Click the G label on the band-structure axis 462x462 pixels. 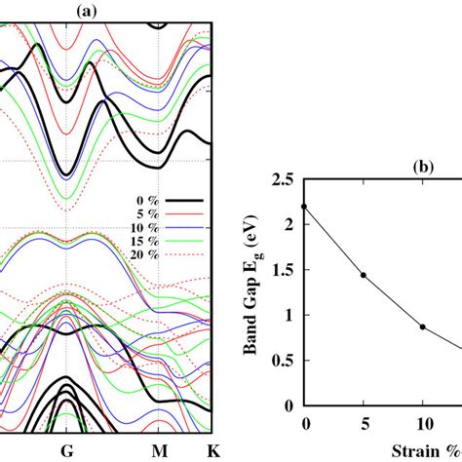(65, 451)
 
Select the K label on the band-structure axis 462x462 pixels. (212, 451)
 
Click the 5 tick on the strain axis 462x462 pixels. (364, 424)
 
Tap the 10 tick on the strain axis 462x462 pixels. (422, 424)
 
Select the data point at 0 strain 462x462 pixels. (306, 207)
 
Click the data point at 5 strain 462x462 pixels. (364, 275)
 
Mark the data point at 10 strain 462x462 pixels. (422, 327)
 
